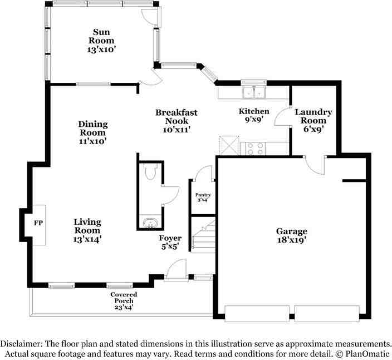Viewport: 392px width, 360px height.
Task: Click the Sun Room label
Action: tap(101, 41)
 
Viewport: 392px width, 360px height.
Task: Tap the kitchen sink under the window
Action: tap(254, 92)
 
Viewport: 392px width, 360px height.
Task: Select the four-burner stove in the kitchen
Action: tap(255, 149)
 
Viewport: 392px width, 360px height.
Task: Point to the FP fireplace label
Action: tap(38, 223)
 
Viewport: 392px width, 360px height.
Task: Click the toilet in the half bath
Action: tap(150, 171)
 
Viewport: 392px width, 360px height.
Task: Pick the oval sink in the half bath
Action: tap(150, 223)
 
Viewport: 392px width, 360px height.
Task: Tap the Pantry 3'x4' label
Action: tap(203, 197)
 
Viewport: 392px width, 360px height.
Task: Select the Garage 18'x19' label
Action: tap(292, 235)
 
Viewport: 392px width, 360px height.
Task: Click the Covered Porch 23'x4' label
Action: tap(124, 301)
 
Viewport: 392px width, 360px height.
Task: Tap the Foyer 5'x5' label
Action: tap(170, 243)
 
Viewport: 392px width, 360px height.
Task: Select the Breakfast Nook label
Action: tap(177, 121)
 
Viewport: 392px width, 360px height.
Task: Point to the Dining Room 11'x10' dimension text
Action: tap(93, 141)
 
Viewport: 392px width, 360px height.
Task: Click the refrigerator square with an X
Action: tap(229, 145)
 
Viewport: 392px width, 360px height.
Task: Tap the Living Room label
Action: tap(87, 230)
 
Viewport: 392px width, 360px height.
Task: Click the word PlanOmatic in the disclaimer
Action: tap(367, 354)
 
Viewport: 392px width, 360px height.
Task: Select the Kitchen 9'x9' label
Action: tap(254, 115)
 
